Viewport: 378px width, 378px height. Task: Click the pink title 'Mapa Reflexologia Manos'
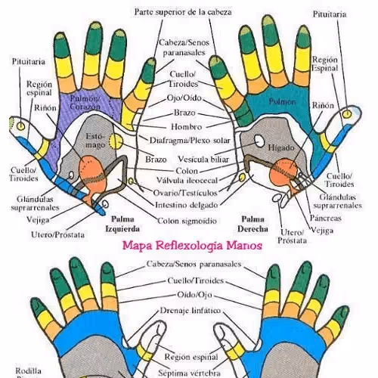click(x=193, y=246)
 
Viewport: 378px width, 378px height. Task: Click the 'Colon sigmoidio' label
click(x=188, y=221)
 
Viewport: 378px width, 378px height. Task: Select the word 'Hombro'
click(x=186, y=127)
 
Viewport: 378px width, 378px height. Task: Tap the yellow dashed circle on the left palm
click(x=115, y=141)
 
